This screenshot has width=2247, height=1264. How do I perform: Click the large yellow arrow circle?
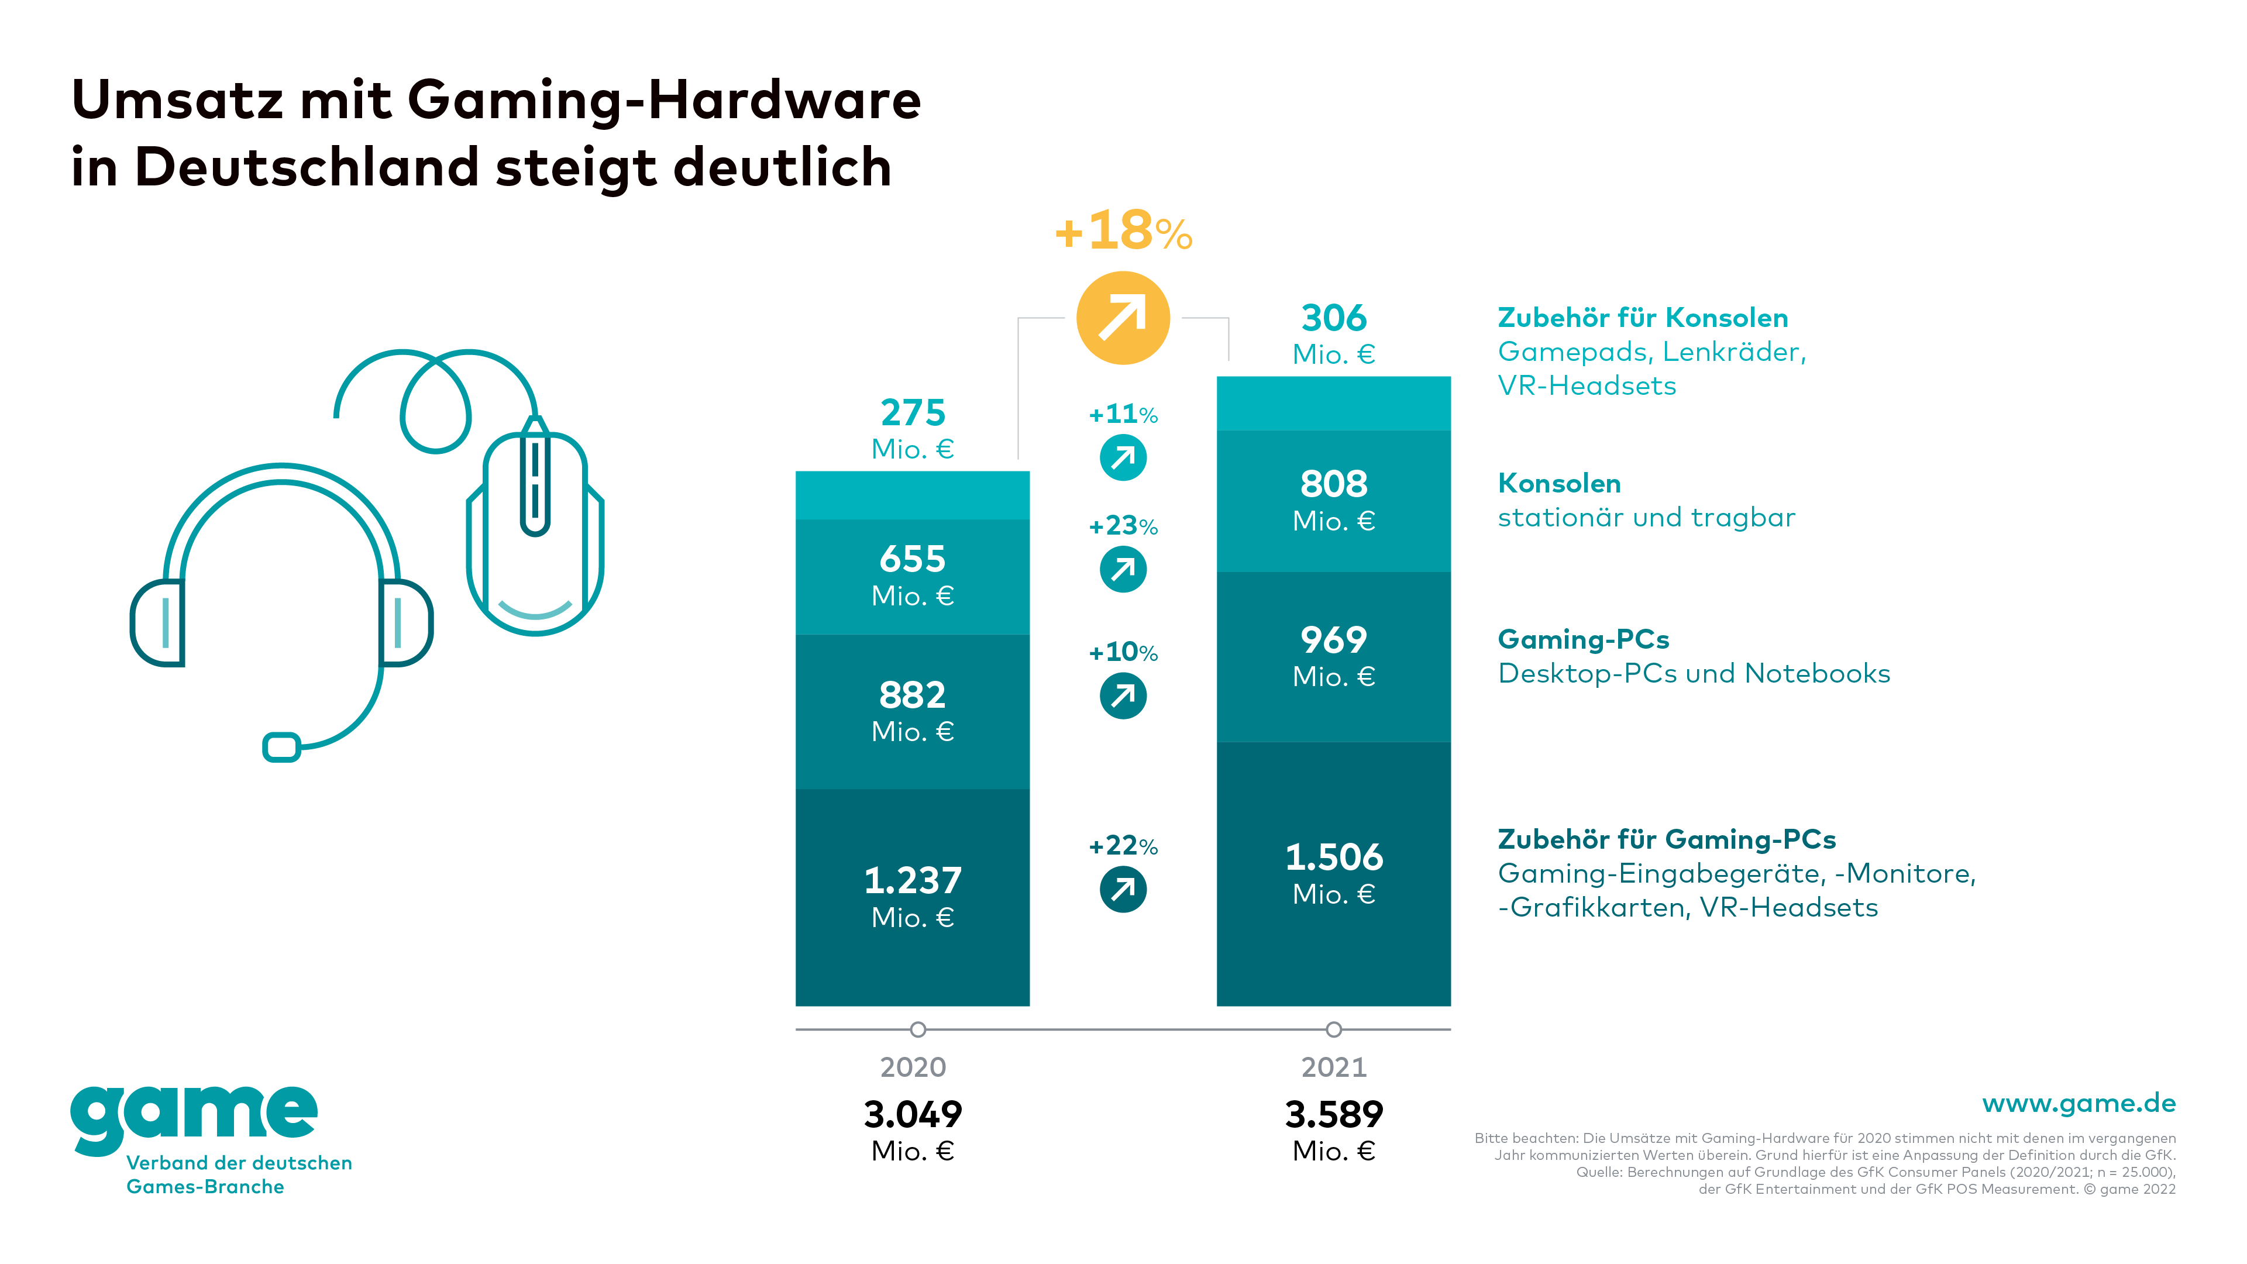tap(1123, 318)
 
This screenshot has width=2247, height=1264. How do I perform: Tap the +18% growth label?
tap(1123, 231)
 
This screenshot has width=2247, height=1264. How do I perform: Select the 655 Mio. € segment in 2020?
tap(913, 576)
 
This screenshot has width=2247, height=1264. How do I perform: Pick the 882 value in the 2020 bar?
tap(913, 695)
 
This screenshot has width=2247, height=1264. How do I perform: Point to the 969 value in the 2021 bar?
tap(1334, 639)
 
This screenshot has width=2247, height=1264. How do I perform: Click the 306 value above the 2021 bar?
tap(1334, 318)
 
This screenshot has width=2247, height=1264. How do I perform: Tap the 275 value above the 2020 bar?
tap(913, 412)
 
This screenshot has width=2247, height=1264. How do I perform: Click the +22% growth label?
tap(1123, 845)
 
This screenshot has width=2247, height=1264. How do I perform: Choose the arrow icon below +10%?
tap(1123, 696)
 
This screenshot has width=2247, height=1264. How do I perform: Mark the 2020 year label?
tap(913, 1067)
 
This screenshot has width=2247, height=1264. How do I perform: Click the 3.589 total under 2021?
tap(1334, 1114)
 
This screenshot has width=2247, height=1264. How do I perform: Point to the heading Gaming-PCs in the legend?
tap(1583, 639)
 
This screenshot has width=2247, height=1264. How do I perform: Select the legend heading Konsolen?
tap(1559, 483)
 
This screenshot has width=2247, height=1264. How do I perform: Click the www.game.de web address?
tap(2079, 1104)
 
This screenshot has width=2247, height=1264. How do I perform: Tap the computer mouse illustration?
tap(535, 532)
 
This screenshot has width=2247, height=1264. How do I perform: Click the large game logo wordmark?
tap(194, 1117)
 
